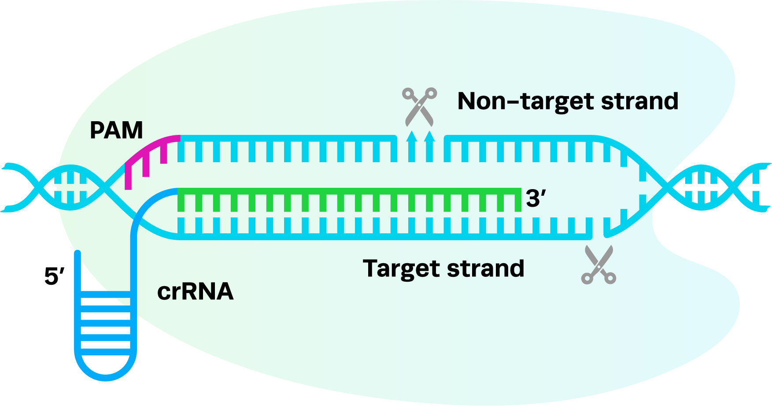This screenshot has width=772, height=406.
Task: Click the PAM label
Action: tap(116, 130)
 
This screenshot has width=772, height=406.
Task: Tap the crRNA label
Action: tap(195, 291)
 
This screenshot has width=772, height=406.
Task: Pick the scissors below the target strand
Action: tap(598, 264)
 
